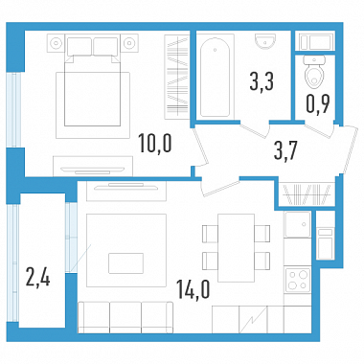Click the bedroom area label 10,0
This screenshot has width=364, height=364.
[155, 143]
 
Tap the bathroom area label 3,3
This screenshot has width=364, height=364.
[262, 81]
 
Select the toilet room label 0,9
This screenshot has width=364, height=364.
[318, 103]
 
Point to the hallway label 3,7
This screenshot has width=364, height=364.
[285, 150]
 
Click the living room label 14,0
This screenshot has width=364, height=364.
[193, 290]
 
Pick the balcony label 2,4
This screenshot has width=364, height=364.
[38, 277]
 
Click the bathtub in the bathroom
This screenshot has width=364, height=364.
[215, 78]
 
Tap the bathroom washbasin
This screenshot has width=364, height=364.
[266, 41]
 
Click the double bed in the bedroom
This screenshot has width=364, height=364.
[93, 81]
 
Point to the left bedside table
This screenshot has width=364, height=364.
[57, 43]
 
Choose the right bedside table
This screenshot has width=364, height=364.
[129, 43]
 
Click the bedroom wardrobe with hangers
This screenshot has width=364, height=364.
[177, 77]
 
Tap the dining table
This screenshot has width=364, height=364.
[236, 248]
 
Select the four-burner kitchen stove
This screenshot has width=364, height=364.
[298, 281]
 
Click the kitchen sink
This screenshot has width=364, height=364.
[298, 225]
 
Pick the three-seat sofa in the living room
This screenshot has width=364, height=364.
[125, 318]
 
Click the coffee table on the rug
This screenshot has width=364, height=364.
[125, 263]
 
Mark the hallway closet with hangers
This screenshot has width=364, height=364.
[307, 194]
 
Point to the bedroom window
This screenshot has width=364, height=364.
[13, 110]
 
